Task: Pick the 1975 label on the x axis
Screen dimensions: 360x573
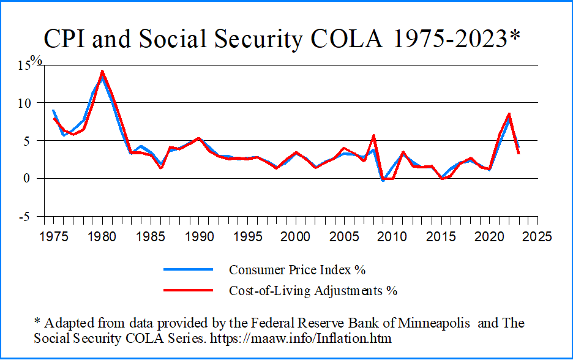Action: (x=54, y=236)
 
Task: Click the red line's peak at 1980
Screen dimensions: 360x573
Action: (x=102, y=71)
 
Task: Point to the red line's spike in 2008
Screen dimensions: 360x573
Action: (x=373, y=135)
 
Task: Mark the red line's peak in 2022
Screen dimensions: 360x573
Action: (x=509, y=114)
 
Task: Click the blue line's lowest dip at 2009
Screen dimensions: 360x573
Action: (x=383, y=181)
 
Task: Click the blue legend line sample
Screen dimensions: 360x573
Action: (x=188, y=270)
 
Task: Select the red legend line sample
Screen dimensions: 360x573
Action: (x=188, y=290)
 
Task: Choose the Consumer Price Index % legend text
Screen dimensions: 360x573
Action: (x=297, y=270)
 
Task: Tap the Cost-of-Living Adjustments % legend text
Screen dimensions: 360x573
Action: (x=313, y=290)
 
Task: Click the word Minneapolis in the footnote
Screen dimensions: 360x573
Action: (x=435, y=323)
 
